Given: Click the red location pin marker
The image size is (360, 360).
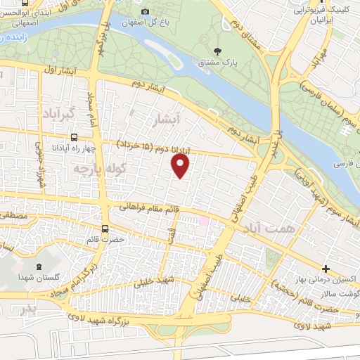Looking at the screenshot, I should pyautogui.click(x=181, y=166).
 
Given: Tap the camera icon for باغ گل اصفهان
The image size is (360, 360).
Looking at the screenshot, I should pyautogui.click(x=146, y=11).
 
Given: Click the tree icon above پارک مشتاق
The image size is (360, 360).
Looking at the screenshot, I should pyautogui.click(x=217, y=51).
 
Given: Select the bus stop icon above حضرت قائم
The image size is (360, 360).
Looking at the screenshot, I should pyautogui.click(x=105, y=229).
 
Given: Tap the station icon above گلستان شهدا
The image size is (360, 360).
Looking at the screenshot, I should pyautogui.click(x=37, y=267).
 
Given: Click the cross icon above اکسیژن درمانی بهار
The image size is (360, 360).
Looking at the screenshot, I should pyautogui.click(x=326, y=268).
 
